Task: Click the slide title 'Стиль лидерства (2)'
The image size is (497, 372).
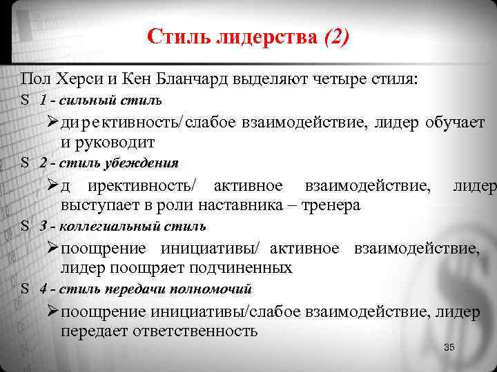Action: [248, 36]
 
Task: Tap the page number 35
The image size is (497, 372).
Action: [449, 347]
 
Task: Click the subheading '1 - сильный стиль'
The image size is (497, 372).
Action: [101, 100]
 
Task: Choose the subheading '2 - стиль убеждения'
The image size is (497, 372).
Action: [109, 163]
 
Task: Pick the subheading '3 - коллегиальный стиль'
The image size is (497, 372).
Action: [122, 226]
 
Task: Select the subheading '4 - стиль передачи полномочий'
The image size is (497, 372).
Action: [145, 289]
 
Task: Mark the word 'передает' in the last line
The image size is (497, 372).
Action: [91, 331]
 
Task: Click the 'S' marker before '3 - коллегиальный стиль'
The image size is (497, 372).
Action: [24, 226]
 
